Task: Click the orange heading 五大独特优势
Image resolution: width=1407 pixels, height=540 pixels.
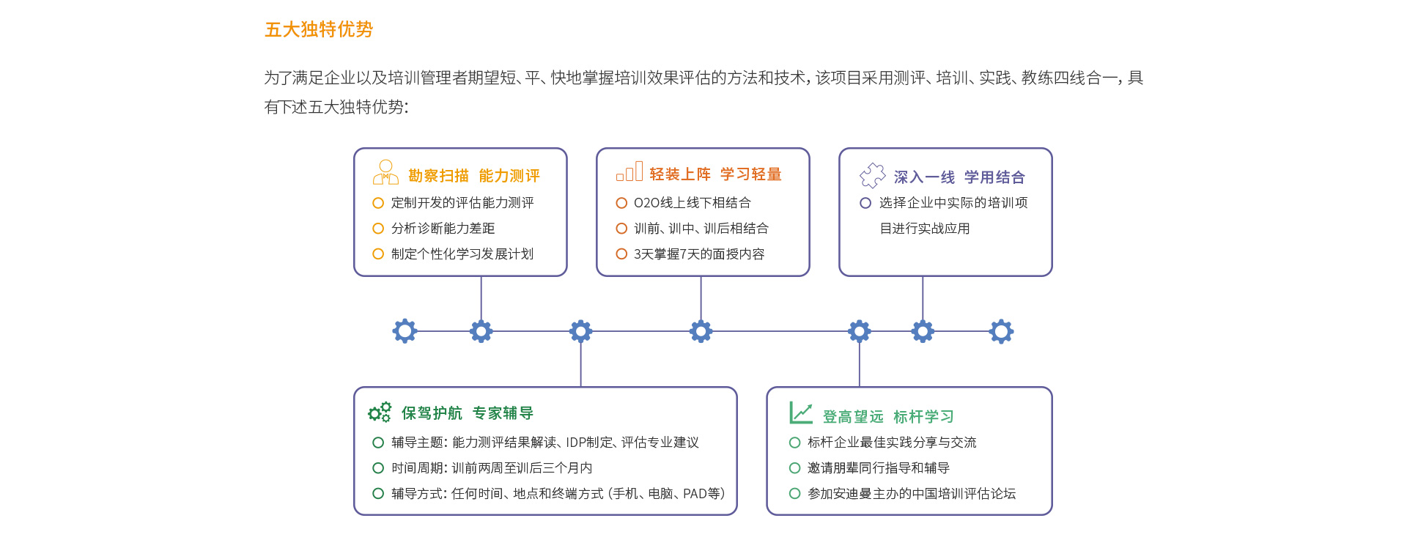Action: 319,29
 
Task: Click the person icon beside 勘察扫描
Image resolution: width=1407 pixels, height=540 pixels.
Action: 385,172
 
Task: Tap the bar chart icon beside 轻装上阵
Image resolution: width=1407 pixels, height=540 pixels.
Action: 629,171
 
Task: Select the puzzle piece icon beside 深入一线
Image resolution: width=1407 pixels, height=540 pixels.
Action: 872,175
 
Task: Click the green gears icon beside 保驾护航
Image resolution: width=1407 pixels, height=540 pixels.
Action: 380,413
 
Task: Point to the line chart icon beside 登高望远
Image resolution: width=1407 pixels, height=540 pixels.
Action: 801,413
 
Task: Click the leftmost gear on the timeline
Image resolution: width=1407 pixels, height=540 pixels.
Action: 405,331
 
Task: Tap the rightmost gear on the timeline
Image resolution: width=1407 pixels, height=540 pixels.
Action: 1001,331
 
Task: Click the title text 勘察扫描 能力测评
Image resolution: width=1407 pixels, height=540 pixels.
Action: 474,176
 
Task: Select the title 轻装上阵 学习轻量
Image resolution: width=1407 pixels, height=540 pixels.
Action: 716,174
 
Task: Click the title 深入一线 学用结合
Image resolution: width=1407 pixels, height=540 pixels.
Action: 959,177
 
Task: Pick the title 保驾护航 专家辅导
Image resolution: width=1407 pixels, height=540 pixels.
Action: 468,413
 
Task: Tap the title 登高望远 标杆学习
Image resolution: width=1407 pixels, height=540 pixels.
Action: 888,417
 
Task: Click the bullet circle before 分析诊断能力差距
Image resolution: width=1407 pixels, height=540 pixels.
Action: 378,229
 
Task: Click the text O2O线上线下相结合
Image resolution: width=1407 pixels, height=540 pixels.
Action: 693,203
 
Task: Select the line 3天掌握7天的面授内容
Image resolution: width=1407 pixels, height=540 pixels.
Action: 699,254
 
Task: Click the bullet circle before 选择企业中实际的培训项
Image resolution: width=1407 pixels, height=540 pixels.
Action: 865,203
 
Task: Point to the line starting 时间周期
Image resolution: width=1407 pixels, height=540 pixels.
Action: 492,468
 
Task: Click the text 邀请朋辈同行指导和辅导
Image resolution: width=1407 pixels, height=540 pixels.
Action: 879,468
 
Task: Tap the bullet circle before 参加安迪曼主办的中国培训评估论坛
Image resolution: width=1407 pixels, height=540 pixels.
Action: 794,494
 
